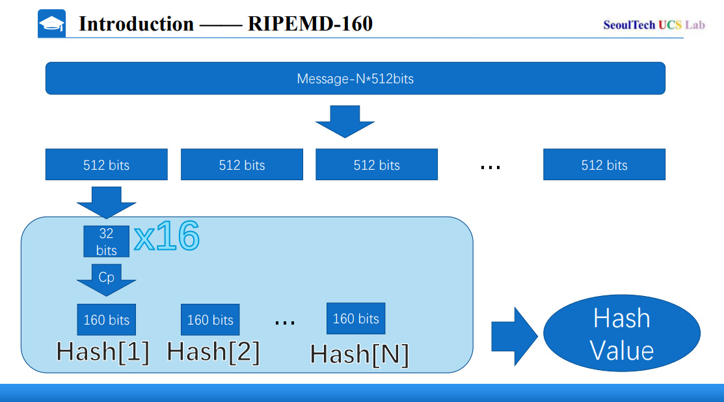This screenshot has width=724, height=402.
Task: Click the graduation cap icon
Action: click(x=52, y=24)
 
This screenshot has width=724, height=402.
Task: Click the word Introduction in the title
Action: click(x=136, y=24)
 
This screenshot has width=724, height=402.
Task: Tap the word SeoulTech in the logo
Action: click(x=629, y=25)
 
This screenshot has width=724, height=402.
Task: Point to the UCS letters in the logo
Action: click(x=670, y=25)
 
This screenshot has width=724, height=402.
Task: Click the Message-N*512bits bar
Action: click(x=355, y=79)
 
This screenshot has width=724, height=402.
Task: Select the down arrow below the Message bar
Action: click(x=345, y=121)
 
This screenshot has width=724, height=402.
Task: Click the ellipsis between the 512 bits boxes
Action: click(x=490, y=167)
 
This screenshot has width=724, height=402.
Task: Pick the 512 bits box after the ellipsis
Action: click(x=604, y=165)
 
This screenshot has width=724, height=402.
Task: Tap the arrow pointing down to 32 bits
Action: click(x=106, y=202)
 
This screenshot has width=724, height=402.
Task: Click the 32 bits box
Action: click(x=106, y=241)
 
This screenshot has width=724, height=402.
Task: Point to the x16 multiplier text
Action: click(x=167, y=237)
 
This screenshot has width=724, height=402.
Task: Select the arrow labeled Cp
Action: click(x=106, y=279)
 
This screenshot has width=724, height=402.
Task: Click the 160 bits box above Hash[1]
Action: click(x=106, y=319)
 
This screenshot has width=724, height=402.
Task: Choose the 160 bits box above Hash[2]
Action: click(x=210, y=319)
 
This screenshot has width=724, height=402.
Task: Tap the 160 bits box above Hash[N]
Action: click(x=356, y=318)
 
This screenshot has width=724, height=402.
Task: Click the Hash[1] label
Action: click(x=103, y=352)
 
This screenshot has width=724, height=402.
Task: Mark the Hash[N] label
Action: click(x=359, y=355)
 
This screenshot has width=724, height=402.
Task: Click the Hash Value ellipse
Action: click(x=621, y=334)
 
